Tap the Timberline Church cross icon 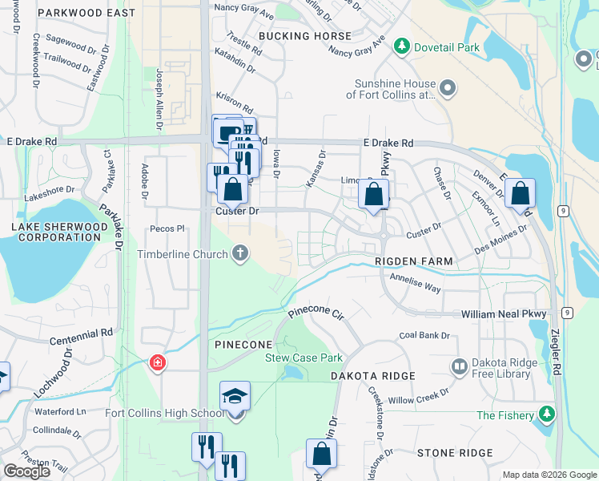pyautogui.click(x=239, y=254)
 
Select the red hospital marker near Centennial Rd pyautogui.click(x=158, y=363)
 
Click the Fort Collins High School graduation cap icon pyautogui.click(x=235, y=396)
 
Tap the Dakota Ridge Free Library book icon pyautogui.click(x=460, y=367)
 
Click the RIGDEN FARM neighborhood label pyautogui.click(x=415, y=261)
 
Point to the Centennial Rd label pyautogui.click(x=82, y=337)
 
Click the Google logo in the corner pyautogui.click(x=26, y=471)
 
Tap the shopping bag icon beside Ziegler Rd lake pyautogui.click(x=520, y=192)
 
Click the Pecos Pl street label pyautogui.click(x=167, y=228)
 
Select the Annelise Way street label pyautogui.click(x=415, y=282)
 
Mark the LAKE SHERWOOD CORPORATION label pyautogui.click(x=56, y=232)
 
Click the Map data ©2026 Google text pyautogui.click(x=549, y=475)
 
